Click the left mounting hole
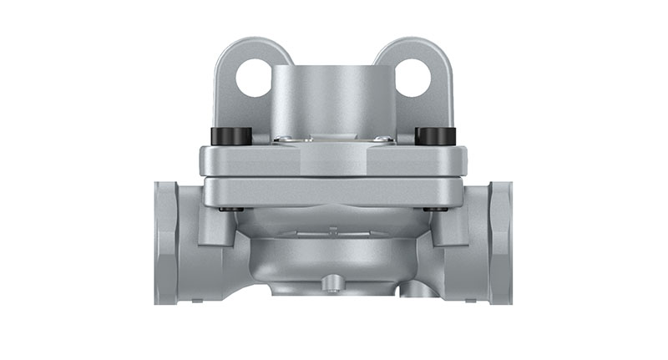(x=254, y=79)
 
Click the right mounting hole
(x=412, y=79)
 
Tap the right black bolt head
(x=435, y=136)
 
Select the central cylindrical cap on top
(x=333, y=100)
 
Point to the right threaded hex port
(x=499, y=242)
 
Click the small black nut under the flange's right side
(x=432, y=209)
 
